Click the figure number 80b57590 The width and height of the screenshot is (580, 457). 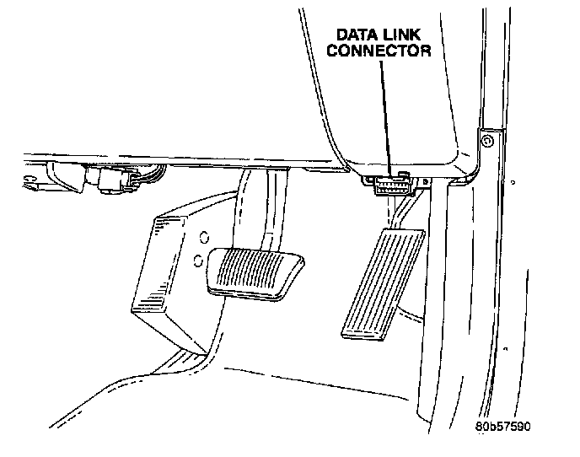502,427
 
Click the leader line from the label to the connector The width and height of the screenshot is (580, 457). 384,110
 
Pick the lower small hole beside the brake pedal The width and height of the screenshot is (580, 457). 197,261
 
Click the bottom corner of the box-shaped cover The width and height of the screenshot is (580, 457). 205,352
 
